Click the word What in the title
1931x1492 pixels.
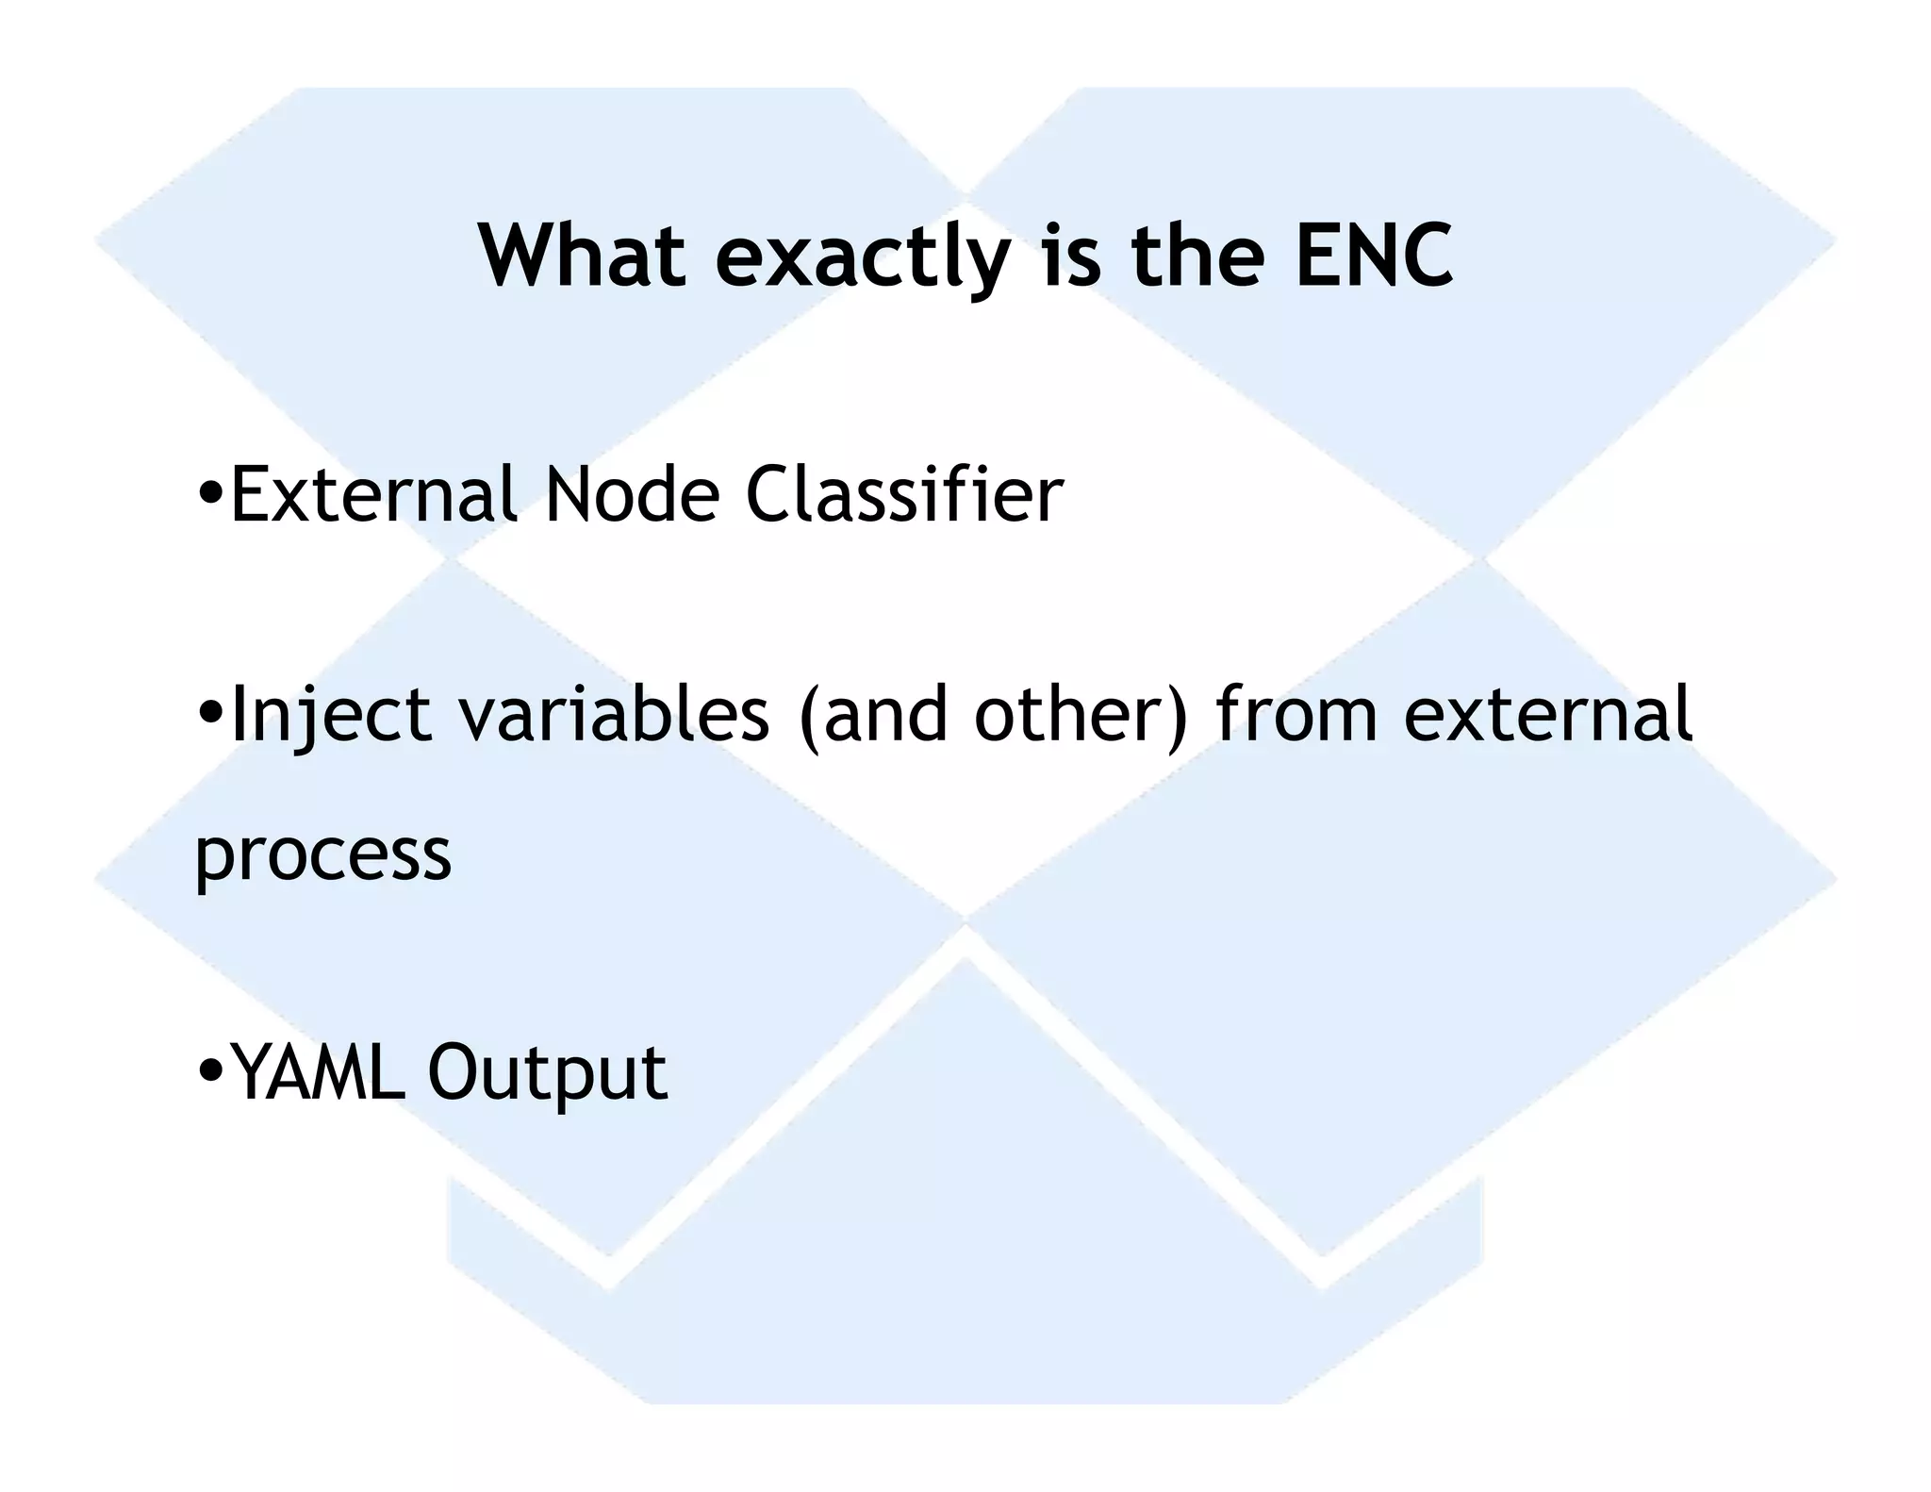582,256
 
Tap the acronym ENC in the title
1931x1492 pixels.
1374,256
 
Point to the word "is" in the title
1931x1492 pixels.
1071,256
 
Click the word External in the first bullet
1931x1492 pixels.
373,494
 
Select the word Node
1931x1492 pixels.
633,494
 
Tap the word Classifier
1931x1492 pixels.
904,494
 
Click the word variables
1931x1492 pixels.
614,714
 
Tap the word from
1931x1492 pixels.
1297,714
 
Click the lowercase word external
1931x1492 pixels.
1548,714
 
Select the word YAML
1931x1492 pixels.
318,1072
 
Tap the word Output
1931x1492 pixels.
547,1074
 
